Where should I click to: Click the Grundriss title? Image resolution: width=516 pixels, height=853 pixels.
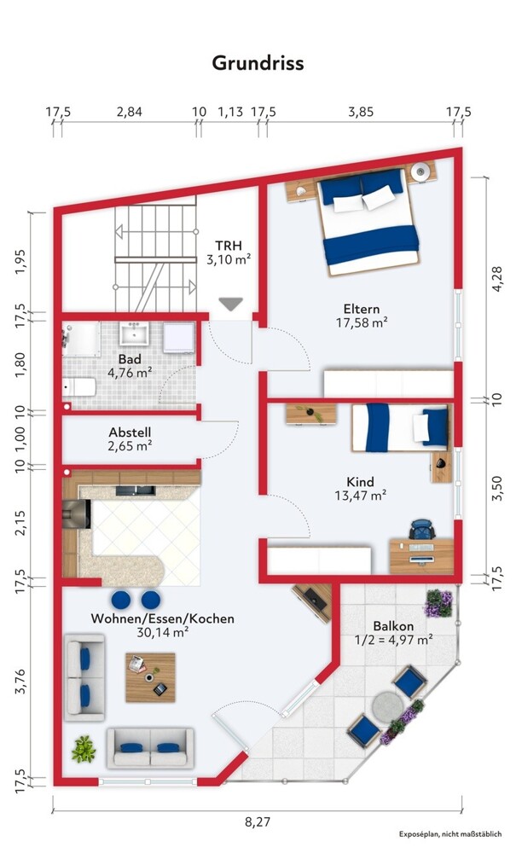pos(258,63)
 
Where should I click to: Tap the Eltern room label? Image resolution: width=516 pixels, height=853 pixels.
pos(362,309)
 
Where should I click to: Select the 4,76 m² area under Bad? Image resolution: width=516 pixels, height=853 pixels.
pos(130,373)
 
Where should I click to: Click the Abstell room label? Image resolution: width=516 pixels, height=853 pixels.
pos(130,432)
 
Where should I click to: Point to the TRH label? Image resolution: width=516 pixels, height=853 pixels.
pos(229,246)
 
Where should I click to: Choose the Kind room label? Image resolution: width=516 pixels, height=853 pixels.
pos(361,482)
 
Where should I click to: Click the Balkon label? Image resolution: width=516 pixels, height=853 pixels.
pos(394,626)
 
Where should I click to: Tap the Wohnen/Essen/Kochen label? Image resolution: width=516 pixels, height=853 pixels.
pos(163,618)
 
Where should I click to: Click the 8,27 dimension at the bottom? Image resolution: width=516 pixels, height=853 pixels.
pos(258,821)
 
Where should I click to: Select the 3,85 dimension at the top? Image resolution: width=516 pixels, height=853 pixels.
pos(361,112)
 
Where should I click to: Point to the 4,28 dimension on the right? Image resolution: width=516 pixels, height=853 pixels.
pos(497,279)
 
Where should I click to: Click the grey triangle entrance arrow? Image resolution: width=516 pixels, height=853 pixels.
pos(230,305)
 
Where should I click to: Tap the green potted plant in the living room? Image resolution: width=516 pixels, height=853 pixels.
pos(84,749)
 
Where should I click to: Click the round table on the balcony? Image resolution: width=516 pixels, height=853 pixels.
pos(388,706)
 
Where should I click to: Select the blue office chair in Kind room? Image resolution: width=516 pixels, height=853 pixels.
pos(422,529)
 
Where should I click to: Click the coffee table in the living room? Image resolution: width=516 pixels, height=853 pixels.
pos(151,677)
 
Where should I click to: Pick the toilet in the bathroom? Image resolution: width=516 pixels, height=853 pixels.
pos(79,387)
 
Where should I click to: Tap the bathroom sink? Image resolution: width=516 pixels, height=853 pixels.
pos(134,333)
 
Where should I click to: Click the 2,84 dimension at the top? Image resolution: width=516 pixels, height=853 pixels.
pos(130,112)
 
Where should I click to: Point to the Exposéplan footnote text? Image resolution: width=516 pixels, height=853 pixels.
pos(450,834)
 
